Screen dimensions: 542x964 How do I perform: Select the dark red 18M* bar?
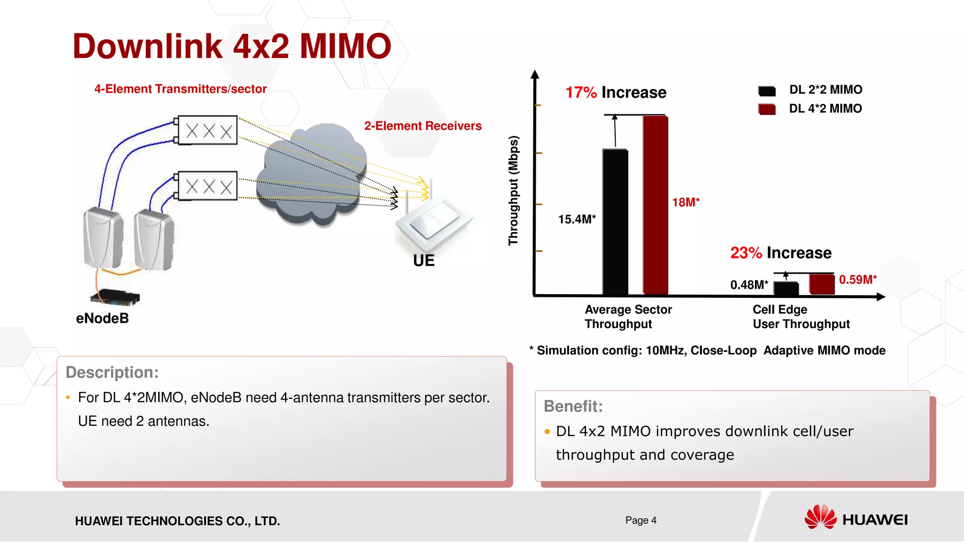coord(655,205)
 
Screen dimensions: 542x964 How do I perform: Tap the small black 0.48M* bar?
coord(786,288)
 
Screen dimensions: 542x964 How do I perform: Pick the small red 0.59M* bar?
coord(821,284)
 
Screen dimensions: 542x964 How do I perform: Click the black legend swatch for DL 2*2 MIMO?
coord(767,91)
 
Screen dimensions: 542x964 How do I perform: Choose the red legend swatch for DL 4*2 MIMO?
coord(767,109)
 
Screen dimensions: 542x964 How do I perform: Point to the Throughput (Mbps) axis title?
coord(513,191)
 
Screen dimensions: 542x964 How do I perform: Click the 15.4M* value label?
coord(577,219)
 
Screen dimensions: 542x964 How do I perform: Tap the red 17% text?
coord(581,93)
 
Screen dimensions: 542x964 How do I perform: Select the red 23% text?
coord(746,253)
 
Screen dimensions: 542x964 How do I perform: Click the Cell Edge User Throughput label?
coord(801,317)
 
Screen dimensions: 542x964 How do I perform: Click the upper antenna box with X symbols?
coord(208,130)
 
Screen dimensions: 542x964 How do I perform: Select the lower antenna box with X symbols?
coord(208,186)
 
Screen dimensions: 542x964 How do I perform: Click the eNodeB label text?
coord(102,319)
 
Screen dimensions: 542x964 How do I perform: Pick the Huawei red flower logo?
coord(820,517)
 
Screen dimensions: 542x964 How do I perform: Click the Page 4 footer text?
coord(641,520)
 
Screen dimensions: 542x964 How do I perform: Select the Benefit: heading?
coord(573,406)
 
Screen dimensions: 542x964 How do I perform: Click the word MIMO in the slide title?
coord(345,47)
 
